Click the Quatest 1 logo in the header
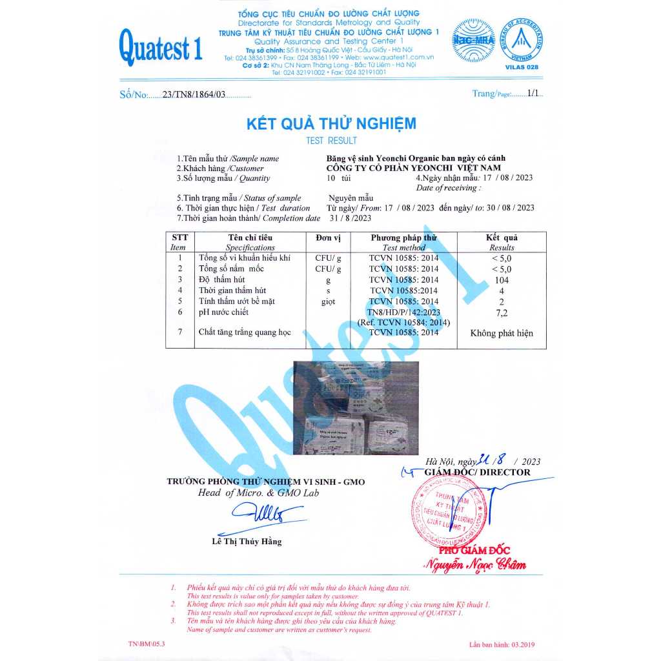160,48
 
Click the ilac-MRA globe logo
473,41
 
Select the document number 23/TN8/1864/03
195,95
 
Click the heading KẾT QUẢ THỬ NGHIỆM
331,124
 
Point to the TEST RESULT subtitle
331,141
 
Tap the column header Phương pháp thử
404,238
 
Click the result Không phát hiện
502,334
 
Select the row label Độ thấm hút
223,280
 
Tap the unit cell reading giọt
329,301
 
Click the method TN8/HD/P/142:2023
403,312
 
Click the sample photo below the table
356,409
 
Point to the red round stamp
445,511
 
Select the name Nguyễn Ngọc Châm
474,565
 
